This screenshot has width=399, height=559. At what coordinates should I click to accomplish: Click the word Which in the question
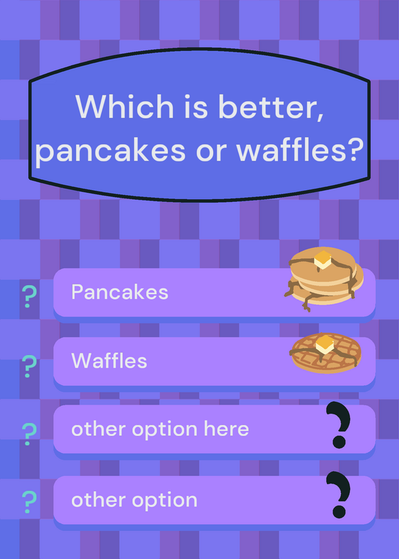click(124, 106)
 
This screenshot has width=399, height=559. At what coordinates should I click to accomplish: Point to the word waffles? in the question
click(300, 149)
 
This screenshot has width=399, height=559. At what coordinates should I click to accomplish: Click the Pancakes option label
click(119, 292)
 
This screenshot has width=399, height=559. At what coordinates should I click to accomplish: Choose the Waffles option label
click(109, 361)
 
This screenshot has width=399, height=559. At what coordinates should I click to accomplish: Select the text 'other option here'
click(160, 429)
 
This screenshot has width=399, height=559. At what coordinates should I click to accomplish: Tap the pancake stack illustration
click(324, 278)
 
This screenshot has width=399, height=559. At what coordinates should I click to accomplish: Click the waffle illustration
click(326, 353)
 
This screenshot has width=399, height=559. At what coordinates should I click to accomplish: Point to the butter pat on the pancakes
click(323, 259)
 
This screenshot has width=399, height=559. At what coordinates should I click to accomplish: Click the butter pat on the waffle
click(325, 344)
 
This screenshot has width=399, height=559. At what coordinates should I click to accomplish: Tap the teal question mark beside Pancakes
click(29, 296)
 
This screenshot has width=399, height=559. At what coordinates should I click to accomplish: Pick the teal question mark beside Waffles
click(29, 366)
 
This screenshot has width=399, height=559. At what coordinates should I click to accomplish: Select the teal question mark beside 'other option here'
click(29, 434)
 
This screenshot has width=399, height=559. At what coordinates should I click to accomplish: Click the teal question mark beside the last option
click(29, 502)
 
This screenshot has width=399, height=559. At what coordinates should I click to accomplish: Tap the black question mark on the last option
click(339, 495)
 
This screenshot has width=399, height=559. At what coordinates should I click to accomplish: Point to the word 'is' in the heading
click(196, 106)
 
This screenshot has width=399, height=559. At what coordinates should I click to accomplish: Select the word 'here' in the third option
click(226, 428)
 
